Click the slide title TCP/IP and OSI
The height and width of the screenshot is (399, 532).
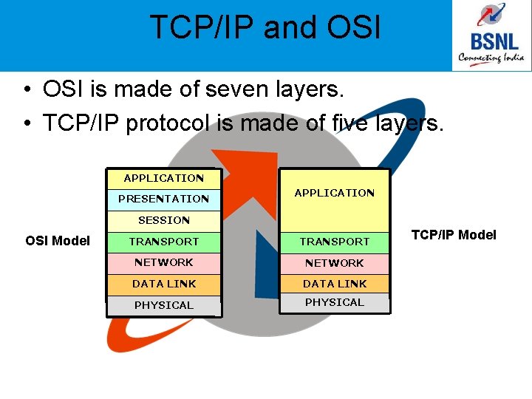[x=265, y=27]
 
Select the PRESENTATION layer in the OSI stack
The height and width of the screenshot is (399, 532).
[x=163, y=199]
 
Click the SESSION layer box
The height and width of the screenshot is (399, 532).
[x=163, y=220]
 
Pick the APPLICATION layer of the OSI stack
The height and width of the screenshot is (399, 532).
[x=163, y=178]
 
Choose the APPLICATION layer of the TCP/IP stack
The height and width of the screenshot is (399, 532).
[x=334, y=193]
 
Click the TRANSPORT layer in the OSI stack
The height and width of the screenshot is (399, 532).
[x=163, y=242]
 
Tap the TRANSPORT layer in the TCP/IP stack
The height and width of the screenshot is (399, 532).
[x=334, y=242]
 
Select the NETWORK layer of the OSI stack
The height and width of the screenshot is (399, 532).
[x=163, y=262]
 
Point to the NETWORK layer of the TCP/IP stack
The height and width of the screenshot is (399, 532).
[x=334, y=263]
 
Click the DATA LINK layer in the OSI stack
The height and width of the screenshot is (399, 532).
[x=163, y=284]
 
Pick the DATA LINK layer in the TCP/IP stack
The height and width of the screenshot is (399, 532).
[x=334, y=284]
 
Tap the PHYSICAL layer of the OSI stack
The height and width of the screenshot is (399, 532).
[x=163, y=305]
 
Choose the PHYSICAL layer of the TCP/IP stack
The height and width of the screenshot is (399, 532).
[x=334, y=302]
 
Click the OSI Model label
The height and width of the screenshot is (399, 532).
[x=58, y=240]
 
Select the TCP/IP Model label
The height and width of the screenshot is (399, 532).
[x=454, y=235]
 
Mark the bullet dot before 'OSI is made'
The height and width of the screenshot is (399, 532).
[x=26, y=91]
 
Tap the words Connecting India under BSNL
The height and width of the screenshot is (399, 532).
[x=491, y=57]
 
